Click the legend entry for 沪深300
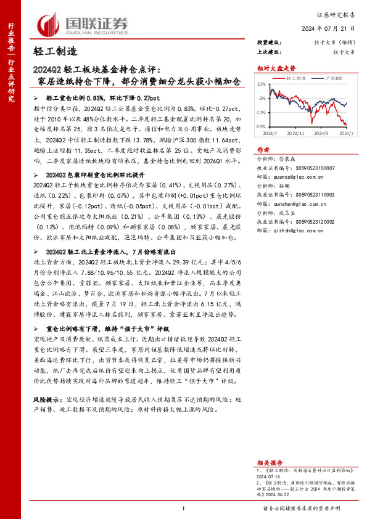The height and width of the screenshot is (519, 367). tap(331, 78)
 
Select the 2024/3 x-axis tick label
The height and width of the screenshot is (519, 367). tap(321, 133)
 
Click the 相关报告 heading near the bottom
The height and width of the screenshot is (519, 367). tap(270, 462)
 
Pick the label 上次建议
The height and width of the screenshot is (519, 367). tap(268, 52)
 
